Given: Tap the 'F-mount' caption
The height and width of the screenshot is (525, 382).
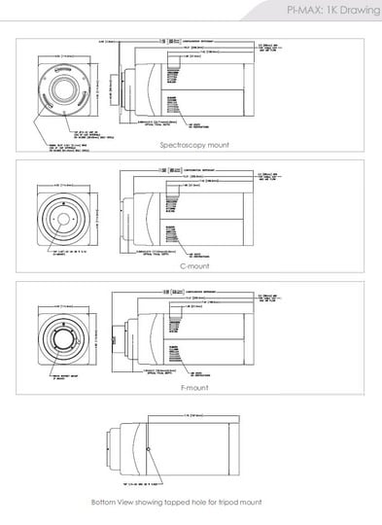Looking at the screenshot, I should tap(194, 386).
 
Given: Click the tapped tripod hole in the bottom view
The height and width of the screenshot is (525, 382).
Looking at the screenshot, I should tap(148, 448).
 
